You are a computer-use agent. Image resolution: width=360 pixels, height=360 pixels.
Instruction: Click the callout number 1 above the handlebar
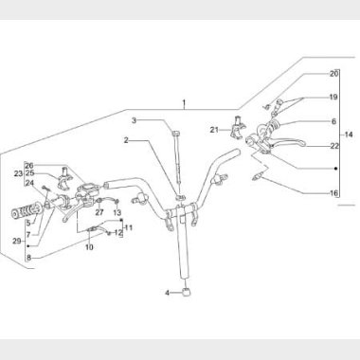tap(184, 103)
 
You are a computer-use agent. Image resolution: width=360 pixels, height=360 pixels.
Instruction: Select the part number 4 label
tap(167, 293)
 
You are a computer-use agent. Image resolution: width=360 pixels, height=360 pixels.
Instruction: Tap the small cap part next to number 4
tap(187, 293)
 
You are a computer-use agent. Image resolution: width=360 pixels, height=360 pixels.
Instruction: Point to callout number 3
tap(135, 120)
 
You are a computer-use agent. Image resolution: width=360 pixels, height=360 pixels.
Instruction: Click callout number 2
tap(126, 140)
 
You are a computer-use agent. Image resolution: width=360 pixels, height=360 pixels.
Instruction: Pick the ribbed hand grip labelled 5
tap(27, 212)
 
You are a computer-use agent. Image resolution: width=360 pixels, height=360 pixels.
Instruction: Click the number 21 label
tap(214, 130)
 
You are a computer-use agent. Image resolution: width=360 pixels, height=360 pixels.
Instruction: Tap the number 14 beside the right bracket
tap(349, 135)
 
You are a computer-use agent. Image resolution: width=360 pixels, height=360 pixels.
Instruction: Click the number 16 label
tap(333, 193)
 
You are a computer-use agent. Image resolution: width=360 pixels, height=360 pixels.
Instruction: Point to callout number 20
tap(333, 74)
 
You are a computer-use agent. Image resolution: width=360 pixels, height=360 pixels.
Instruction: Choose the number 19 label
tap(333, 97)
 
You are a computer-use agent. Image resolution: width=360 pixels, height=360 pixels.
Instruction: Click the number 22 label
tap(334, 146)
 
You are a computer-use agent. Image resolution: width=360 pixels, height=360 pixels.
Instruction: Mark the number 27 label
tap(99, 212)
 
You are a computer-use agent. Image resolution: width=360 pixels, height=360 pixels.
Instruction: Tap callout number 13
tap(117, 212)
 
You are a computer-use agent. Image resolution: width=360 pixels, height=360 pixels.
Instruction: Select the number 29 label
tap(17, 242)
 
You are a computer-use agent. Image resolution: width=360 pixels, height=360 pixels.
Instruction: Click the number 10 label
tap(89, 247)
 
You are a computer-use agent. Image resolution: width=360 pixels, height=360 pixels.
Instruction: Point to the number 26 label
tap(29, 166)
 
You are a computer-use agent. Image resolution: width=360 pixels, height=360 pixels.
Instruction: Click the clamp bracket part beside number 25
tap(64, 179)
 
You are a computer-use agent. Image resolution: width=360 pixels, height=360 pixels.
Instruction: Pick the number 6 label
tap(333, 121)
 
